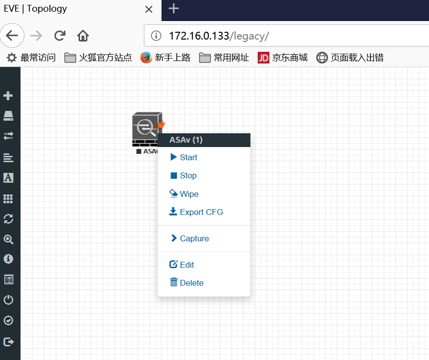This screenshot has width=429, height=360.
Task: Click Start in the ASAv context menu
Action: click(184, 157)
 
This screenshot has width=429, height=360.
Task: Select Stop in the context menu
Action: click(184, 175)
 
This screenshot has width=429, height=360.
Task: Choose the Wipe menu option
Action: click(184, 193)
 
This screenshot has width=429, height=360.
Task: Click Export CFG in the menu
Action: click(196, 212)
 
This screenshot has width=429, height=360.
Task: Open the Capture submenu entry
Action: click(189, 238)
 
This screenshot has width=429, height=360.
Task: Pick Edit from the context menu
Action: click(182, 264)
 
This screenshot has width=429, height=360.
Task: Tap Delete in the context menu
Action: click(186, 282)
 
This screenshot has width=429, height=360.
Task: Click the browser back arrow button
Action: click(12, 36)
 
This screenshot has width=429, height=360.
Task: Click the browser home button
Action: click(83, 36)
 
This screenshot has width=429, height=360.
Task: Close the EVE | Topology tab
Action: click(149, 9)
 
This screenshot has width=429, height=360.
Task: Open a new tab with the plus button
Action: click(174, 8)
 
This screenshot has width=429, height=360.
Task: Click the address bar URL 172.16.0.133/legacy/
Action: click(219, 36)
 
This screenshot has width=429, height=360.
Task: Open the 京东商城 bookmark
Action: click(283, 58)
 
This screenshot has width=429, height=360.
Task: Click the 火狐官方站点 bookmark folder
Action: click(98, 58)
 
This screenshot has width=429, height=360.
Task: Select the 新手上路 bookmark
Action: click(165, 58)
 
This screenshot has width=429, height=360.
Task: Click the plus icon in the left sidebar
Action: click(8, 96)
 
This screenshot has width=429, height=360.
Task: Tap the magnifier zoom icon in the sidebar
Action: click(8, 239)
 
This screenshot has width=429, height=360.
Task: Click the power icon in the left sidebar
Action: click(8, 300)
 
